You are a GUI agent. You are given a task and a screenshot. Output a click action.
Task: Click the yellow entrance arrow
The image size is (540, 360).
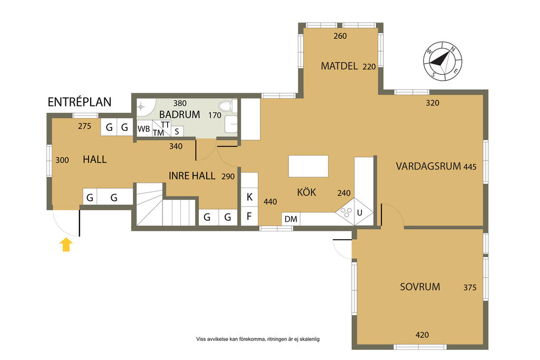pyautogui.click(x=66, y=245)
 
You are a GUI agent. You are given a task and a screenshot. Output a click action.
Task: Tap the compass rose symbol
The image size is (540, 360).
pyautogui.click(x=442, y=61)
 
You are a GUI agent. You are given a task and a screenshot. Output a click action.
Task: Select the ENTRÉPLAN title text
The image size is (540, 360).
pyautogui.click(x=80, y=102)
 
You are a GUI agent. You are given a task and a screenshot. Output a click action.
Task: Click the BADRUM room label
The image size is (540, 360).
pyautogui.click(x=179, y=114)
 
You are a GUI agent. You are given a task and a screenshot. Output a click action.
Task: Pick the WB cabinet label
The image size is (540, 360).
pyautogui.click(x=143, y=129)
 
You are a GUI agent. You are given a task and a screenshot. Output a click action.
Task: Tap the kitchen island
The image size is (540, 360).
pyautogui.click(x=308, y=166)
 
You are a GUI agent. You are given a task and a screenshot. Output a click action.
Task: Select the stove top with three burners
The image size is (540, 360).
pyautogui.click(x=345, y=212)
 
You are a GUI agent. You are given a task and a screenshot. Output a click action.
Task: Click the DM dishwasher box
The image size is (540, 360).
pyautogui.click(x=291, y=219)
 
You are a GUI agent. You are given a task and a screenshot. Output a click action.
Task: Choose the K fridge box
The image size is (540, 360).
pyautogui.click(x=249, y=197)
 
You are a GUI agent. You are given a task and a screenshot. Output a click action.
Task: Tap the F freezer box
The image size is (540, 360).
pyautogui.click(x=249, y=216)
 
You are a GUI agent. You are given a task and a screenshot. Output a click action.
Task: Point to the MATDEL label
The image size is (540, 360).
pyautogui.click(x=339, y=66)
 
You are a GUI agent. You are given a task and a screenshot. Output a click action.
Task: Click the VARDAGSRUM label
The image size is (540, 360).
pyautogui.click(x=428, y=166)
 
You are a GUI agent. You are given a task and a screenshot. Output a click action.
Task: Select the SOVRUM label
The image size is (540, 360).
pyautogui.click(x=420, y=287)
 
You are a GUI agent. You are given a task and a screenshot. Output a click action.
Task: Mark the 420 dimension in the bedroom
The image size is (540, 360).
pyautogui.click(x=422, y=335)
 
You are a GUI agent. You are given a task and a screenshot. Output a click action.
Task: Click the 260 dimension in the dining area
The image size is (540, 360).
pyautogui.click(x=340, y=36)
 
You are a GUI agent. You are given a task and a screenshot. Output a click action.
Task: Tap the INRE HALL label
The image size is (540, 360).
pyautogui.click(x=192, y=176)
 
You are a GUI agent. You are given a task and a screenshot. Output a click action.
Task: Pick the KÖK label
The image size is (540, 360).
pyautogui.click(x=306, y=191)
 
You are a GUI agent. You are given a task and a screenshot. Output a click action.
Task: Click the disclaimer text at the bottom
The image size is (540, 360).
pyautogui.click(x=258, y=339)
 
